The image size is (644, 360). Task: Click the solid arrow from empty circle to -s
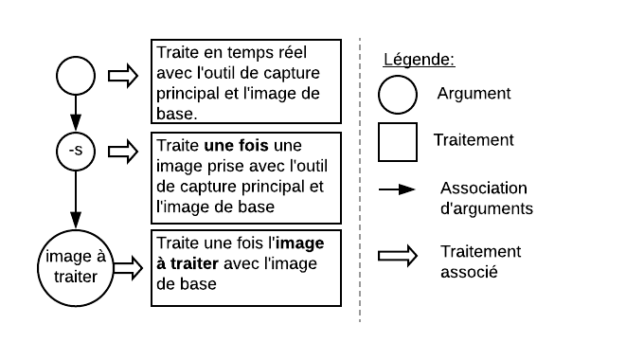click(x=76, y=113)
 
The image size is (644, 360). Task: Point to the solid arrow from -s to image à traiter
click(x=76, y=200)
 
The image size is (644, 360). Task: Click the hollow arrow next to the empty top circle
click(x=123, y=76)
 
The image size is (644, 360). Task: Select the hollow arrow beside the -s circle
click(x=123, y=152)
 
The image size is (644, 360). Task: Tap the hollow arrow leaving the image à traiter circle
click(x=128, y=268)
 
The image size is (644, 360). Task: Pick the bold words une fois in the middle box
click(x=236, y=146)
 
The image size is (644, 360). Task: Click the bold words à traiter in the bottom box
click(x=188, y=263)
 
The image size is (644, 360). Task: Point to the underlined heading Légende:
click(x=419, y=59)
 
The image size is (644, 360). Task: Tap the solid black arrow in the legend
click(x=397, y=189)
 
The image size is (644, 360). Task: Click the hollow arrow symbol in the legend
click(x=398, y=256)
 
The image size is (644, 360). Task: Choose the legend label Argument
click(x=474, y=94)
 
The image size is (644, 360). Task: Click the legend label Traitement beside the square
click(x=474, y=140)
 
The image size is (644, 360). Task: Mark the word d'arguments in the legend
click(x=487, y=208)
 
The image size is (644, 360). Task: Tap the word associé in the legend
click(x=469, y=272)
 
